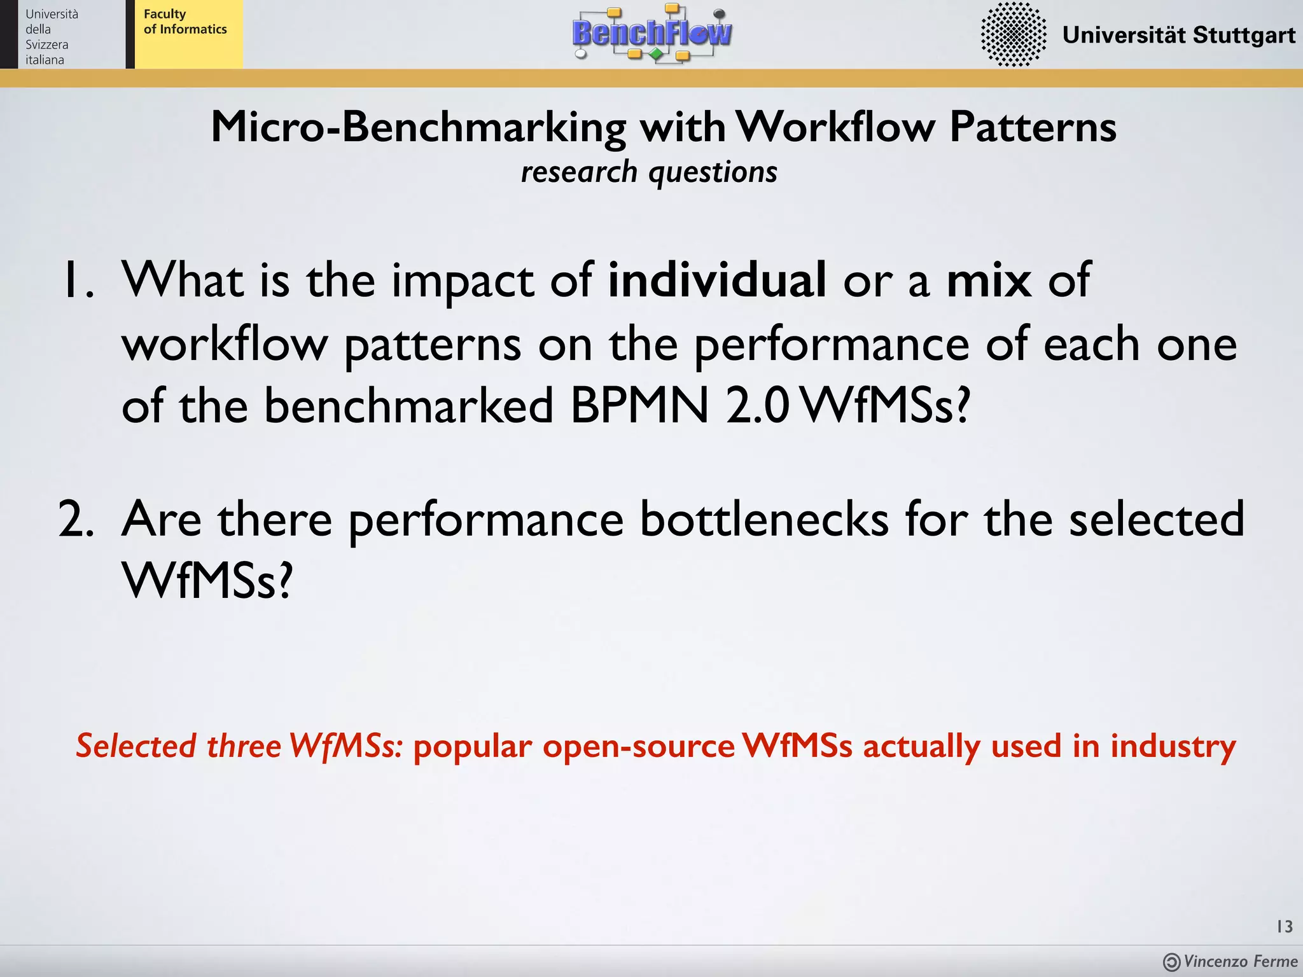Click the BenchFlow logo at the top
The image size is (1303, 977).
(x=652, y=33)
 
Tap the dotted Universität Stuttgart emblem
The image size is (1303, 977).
(x=1013, y=34)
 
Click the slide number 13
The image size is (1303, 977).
(x=1284, y=926)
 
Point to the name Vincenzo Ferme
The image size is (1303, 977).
(x=1240, y=961)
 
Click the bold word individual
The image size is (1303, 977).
(x=717, y=280)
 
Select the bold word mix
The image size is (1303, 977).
(x=989, y=280)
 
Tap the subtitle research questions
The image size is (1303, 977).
(x=649, y=172)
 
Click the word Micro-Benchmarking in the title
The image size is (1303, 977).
(x=418, y=127)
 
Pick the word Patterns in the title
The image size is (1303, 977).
(x=1033, y=127)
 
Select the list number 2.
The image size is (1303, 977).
(x=76, y=519)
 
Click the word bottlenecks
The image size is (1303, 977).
(x=763, y=519)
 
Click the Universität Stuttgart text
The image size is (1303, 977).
(x=1178, y=35)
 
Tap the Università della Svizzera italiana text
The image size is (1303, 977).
(x=51, y=37)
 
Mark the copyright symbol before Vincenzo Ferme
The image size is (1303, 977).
(x=1171, y=962)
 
